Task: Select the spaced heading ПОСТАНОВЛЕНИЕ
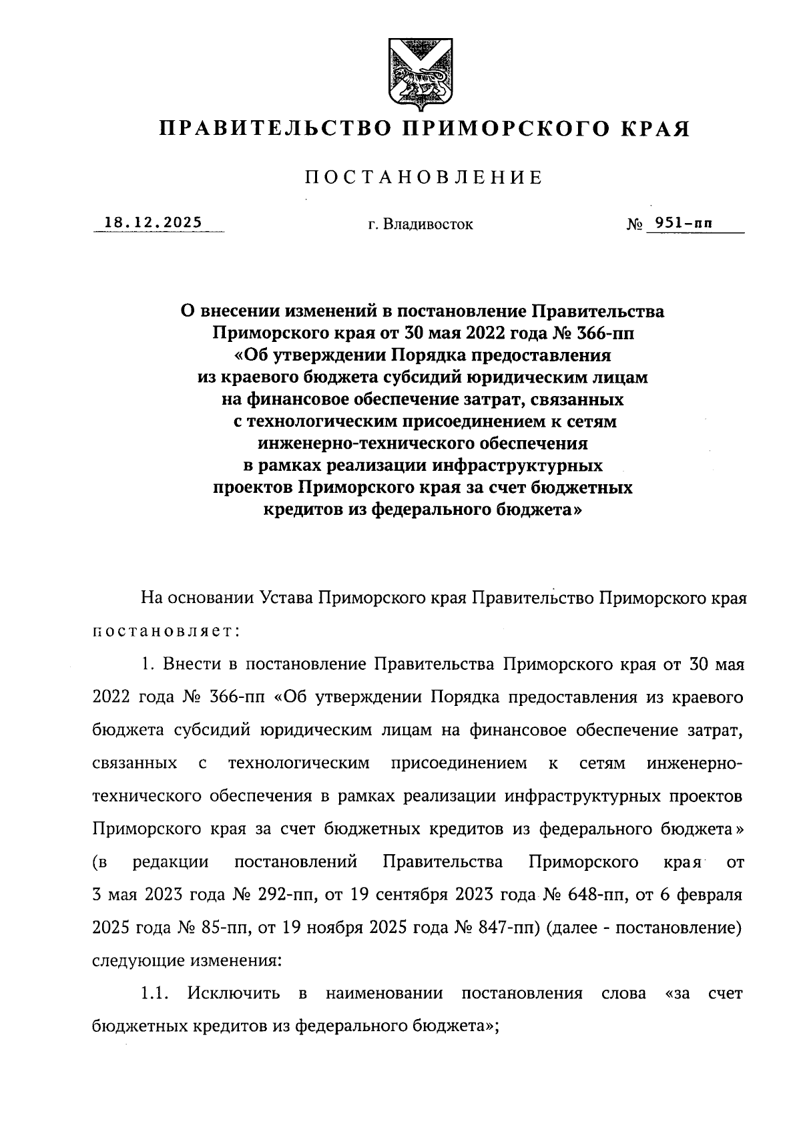click(x=423, y=178)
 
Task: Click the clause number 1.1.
click(x=153, y=993)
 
